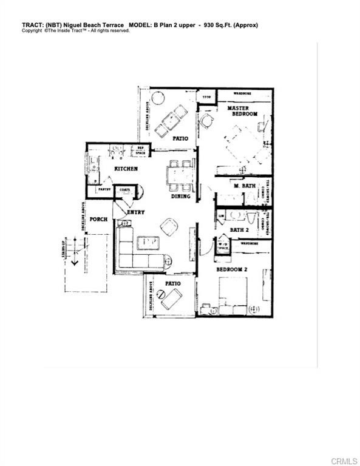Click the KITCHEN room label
click(x=126, y=168)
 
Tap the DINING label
click(x=180, y=196)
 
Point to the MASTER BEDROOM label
click(x=242, y=111)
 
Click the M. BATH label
click(x=244, y=185)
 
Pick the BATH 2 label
click(x=239, y=230)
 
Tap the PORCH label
click(x=98, y=219)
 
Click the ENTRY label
click(x=135, y=212)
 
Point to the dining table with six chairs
click(x=180, y=175)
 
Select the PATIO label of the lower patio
click(x=173, y=283)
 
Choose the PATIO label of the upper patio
click(x=179, y=138)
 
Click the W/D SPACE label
click(x=223, y=246)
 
